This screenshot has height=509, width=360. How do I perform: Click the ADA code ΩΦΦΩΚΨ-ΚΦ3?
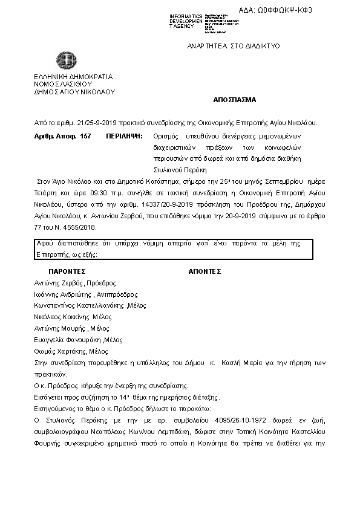322,10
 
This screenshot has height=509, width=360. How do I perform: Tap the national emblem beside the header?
67,61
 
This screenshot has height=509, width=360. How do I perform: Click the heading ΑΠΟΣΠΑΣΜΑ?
235,99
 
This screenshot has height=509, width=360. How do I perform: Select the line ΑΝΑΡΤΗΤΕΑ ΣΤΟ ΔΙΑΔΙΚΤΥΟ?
234,47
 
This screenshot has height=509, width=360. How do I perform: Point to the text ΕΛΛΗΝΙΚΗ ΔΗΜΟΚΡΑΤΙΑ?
73,77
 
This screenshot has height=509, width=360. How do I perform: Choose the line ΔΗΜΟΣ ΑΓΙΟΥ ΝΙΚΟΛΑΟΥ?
74,92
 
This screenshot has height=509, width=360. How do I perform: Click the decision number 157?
85,137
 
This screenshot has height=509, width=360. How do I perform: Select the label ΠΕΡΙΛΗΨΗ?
125,137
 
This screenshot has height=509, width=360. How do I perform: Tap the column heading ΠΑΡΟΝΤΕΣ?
68,271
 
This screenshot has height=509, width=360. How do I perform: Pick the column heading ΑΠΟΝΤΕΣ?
205,271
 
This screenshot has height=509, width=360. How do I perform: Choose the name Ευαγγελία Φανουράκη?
68,340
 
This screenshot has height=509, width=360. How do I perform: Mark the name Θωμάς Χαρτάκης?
60,351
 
